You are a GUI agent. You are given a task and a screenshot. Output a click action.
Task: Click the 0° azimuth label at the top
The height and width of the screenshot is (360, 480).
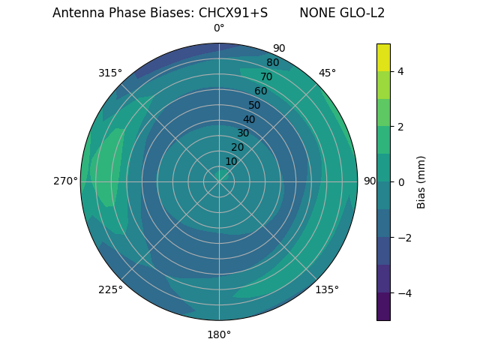tap(219, 28)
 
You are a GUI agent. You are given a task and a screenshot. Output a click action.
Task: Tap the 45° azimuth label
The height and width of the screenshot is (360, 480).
tap(327, 73)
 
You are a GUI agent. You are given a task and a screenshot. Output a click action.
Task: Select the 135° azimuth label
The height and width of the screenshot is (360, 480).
tap(327, 289)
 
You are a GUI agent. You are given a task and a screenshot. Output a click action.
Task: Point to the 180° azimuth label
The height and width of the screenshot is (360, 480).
tap(219, 334)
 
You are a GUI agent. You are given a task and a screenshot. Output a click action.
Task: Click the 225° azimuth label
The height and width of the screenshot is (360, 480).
tap(110, 289)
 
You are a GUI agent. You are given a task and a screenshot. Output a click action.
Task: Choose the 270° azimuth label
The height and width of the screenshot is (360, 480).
tap(65, 181)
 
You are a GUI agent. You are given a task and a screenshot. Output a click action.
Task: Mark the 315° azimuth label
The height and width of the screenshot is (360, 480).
tap(110, 73)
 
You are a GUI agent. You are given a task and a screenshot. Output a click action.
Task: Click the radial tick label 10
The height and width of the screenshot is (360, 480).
tap(232, 161)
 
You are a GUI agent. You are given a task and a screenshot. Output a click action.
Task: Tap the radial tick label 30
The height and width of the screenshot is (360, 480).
tap(243, 133)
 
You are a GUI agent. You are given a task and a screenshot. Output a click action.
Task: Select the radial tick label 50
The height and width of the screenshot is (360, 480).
tap(254, 105)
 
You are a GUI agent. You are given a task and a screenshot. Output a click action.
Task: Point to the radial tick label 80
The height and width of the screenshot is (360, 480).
tap(272, 63)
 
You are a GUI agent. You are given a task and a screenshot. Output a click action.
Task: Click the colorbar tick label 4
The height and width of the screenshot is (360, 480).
tap(400, 71)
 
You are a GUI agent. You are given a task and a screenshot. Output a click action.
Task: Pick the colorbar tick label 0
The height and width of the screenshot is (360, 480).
tap(400, 181)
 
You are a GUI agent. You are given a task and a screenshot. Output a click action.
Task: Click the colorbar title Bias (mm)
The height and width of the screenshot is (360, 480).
tap(421, 181)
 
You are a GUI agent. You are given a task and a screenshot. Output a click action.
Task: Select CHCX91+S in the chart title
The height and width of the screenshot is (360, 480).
tap(232, 13)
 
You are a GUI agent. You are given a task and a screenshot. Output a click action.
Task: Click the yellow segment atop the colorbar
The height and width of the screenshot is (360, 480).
tap(383, 57)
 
